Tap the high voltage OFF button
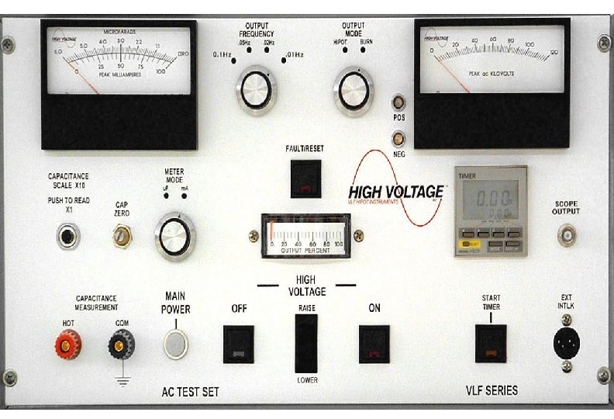pos(239,344)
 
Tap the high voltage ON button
pos(374,344)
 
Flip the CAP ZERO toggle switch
pos(121,235)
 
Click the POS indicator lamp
pos(398,102)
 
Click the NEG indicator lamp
pos(398,138)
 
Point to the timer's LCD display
pos(487,199)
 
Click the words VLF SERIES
pos(491,390)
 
